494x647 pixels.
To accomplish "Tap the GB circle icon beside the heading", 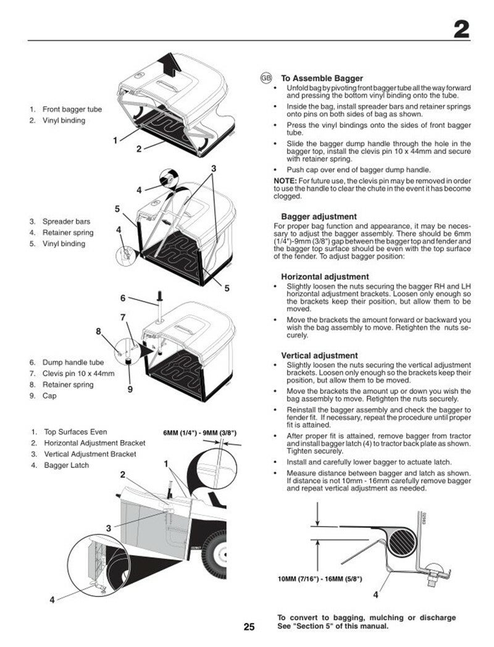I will point(266,78).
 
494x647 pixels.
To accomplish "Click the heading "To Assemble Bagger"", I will point(322,78).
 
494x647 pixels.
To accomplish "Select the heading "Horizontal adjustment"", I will point(325,277).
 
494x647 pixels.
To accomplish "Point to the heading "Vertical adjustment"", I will point(319,356).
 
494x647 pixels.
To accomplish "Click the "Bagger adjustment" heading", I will point(319,217).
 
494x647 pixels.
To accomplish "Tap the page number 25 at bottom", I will point(249,627).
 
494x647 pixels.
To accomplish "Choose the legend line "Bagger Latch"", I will point(67,465).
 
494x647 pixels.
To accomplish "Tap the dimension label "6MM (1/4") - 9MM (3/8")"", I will point(199,433).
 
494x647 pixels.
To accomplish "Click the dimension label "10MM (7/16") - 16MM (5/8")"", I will point(320,579).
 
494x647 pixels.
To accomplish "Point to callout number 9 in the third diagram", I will point(130,389).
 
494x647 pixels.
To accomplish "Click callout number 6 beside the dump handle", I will point(123,298).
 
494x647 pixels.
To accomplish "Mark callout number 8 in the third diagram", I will point(98,331).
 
